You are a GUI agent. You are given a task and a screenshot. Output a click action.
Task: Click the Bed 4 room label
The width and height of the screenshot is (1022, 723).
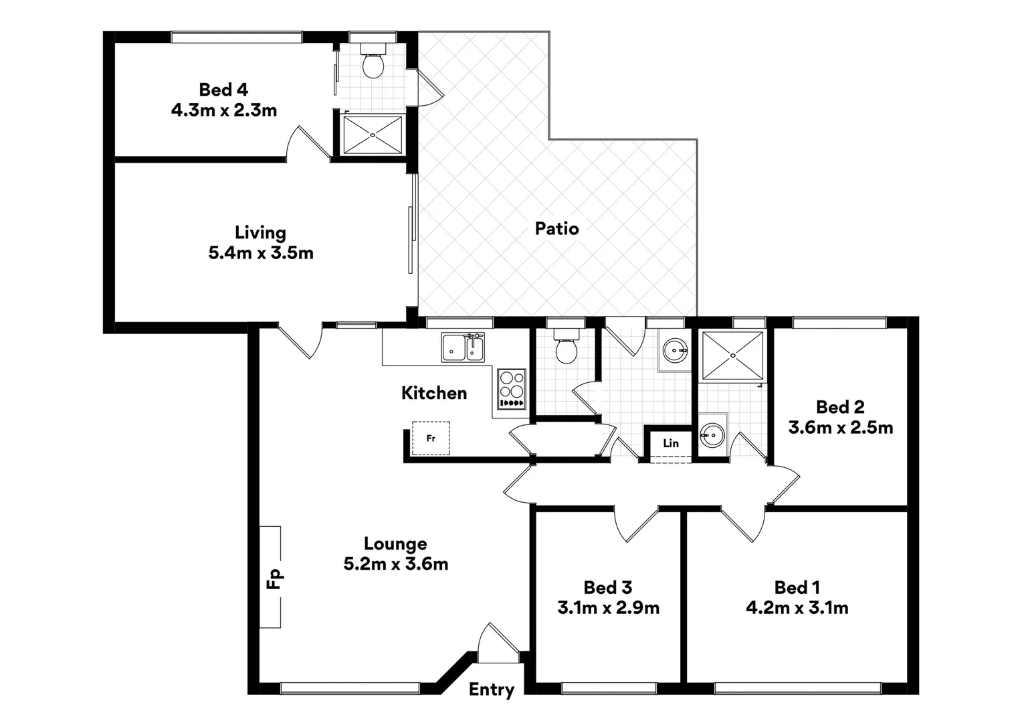(x=223, y=90)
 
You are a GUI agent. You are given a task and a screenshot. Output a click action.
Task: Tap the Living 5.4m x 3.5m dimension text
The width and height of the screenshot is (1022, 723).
(x=261, y=253)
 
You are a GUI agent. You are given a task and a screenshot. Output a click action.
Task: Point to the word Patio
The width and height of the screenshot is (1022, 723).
(x=556, y=229)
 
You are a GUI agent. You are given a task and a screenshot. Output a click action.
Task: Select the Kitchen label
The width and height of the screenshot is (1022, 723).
(x=434, y=393)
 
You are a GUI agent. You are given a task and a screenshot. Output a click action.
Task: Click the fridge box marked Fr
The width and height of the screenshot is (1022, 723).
(x=431, y=438)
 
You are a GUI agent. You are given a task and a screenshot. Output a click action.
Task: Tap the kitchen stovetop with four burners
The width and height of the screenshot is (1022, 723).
(x=512, y=388)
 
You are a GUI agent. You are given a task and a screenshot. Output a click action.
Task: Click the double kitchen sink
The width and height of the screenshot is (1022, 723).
(x=463, y=347)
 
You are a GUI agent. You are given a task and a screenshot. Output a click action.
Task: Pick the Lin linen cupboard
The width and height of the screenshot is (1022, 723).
(x=671, y=444)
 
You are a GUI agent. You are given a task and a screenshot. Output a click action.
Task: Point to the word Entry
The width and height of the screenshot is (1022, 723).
(x=492, y=690)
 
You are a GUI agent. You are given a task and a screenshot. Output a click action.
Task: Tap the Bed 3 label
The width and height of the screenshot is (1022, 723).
(x=608, y=588)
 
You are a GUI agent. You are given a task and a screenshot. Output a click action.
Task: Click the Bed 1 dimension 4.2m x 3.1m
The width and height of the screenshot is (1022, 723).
(x=797, y=608)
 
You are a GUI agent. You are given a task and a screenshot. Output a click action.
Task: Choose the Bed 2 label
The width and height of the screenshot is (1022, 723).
(x=840, y=407)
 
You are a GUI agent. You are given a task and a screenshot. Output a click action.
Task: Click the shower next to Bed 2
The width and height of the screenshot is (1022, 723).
(x=732, y=355)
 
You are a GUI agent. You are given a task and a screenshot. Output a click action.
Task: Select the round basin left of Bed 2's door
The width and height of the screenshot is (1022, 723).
(x=712, y=436)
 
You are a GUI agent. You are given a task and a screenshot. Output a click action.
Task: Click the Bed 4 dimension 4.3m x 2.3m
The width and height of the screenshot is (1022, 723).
(x=224, y=110)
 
